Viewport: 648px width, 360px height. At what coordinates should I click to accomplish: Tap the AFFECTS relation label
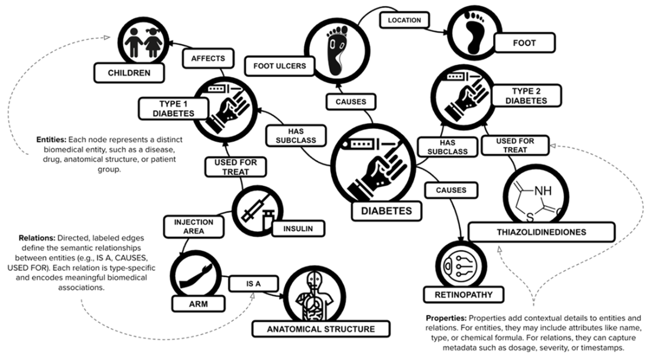pos(208,58)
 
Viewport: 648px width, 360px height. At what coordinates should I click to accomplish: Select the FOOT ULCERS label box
pos(279,65)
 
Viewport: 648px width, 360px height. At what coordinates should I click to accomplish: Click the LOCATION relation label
pos(404,21)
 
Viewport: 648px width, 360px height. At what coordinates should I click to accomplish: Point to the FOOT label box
pos(524,42)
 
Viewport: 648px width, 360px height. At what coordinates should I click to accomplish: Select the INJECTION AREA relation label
pos(189,226)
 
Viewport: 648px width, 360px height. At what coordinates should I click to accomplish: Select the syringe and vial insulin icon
pos(256,209)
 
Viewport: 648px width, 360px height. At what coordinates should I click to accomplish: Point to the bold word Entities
pos(51,141)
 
